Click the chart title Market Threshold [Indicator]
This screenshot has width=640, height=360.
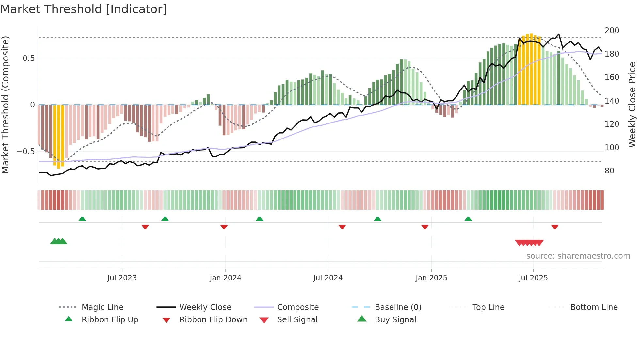(84, 9)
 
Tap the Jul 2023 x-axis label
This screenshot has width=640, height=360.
(122, 278)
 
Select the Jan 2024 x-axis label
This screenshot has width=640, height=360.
(225, 278)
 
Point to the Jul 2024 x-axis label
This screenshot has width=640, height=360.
(328, 278)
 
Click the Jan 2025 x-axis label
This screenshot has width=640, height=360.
(431, 278)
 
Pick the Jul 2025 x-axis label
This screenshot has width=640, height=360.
(533, 278)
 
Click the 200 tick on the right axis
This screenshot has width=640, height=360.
(612, 31)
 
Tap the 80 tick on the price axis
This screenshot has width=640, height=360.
(609, 171)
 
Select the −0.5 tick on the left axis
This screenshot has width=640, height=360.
(26, 152)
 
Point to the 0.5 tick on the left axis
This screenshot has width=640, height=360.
(28, 58)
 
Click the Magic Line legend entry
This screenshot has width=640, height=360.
(102, 307)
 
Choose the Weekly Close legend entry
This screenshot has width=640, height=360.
(205, 307)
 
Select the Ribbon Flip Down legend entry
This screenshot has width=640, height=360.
(213, 320)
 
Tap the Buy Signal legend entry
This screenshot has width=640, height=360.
(395, 320)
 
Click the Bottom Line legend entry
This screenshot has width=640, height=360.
(594, 307)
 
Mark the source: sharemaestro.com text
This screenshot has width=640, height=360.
(578, 256)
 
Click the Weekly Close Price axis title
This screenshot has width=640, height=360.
(632, 105)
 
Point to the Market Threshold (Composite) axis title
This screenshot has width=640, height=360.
(5, 105)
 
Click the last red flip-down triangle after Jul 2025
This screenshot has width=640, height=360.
(555, 227)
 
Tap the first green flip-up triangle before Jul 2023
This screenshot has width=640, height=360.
(82, 219)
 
